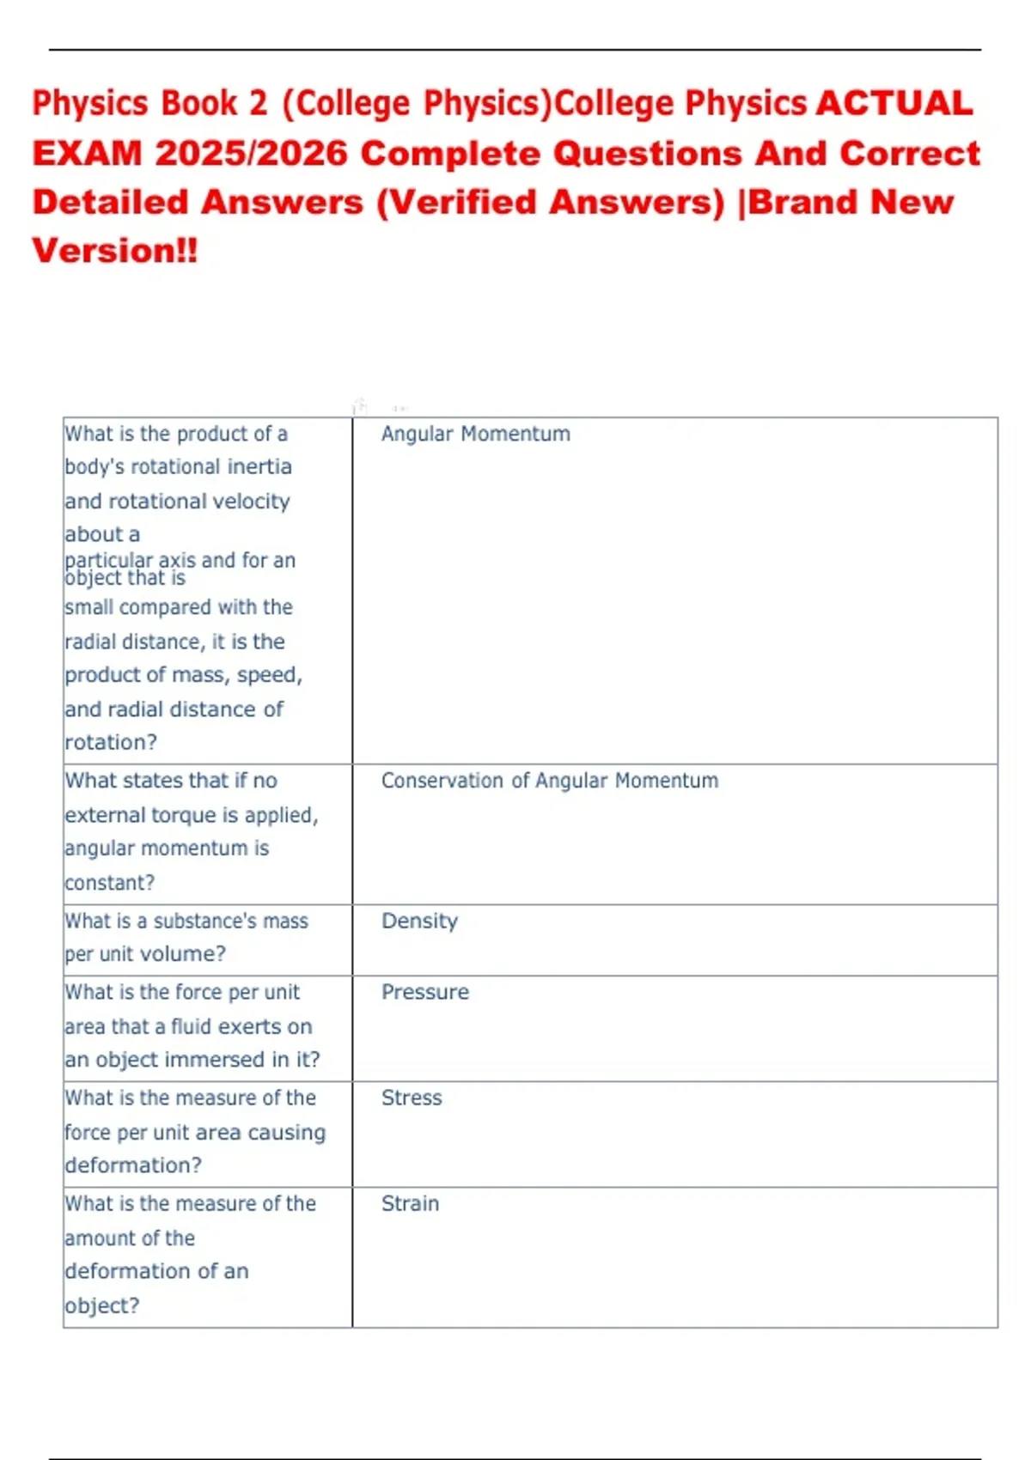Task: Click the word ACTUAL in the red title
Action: (x=894, y=104)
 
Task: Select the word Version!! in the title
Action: (x=115, y=251)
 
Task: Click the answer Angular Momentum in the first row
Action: (x=475, y=434)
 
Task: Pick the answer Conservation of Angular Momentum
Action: (x=549, y=781)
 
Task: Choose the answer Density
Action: (x=419, y=921)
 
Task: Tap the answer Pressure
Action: (x=425, y=992)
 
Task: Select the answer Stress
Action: (x=412, y=1098)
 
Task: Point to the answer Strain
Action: (x=410, y=1203)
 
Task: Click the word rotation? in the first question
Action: (x=111, y=742)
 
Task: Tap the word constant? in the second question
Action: (x=109, y=883)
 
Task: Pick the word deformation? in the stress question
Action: (x=133, y=1165)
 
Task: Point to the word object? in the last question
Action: (x=101, y=1305)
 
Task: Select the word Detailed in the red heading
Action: (x=110, y=203)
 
